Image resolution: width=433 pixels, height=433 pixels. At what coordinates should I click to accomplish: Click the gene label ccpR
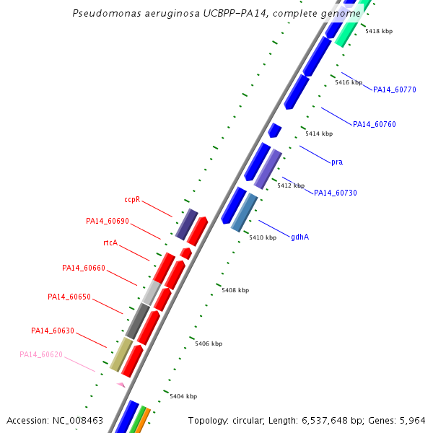click(x=132, y=199)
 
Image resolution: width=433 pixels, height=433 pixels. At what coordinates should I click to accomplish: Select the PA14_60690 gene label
click(x=108, y=222)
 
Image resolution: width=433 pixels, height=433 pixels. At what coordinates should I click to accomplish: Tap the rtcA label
click(x=110, y=242)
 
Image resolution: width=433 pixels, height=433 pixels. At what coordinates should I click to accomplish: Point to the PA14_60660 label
click(x=84, y=268)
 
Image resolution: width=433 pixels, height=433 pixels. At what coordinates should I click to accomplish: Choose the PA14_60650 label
click(x=69, y=297)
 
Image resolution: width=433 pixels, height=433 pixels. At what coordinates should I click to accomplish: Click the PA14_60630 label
click(x=53, y=331)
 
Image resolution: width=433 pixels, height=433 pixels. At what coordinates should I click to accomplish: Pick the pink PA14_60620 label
click(x=41, y=354)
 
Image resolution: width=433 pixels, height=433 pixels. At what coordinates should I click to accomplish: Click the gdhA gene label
click(x=300, y=237)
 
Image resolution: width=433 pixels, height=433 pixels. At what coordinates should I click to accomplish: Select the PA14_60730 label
click(x=336, y=193)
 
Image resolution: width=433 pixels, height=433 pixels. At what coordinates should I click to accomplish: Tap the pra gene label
click(x=337, y=162)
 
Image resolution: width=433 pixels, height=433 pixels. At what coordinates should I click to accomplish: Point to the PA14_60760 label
click(x=375, y=124)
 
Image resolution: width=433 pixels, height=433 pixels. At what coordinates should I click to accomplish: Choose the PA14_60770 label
click(x=395, y=89)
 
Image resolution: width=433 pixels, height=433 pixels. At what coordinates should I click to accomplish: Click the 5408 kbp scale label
click(x=235, y=290)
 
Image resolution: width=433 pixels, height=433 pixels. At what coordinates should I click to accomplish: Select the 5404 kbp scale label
click(x=183, y=396)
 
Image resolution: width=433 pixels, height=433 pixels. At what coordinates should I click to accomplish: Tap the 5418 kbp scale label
click(x=379, y=31)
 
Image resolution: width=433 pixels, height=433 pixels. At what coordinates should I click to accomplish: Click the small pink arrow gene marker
click(x=121, y=385)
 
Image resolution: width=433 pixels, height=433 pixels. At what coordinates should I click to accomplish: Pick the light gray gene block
click(x=152, y=293)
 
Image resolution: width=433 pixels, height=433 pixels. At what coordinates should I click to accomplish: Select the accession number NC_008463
click(x=78, y=421)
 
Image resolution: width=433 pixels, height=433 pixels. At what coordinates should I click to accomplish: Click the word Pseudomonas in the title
click(x=107, y=13)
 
